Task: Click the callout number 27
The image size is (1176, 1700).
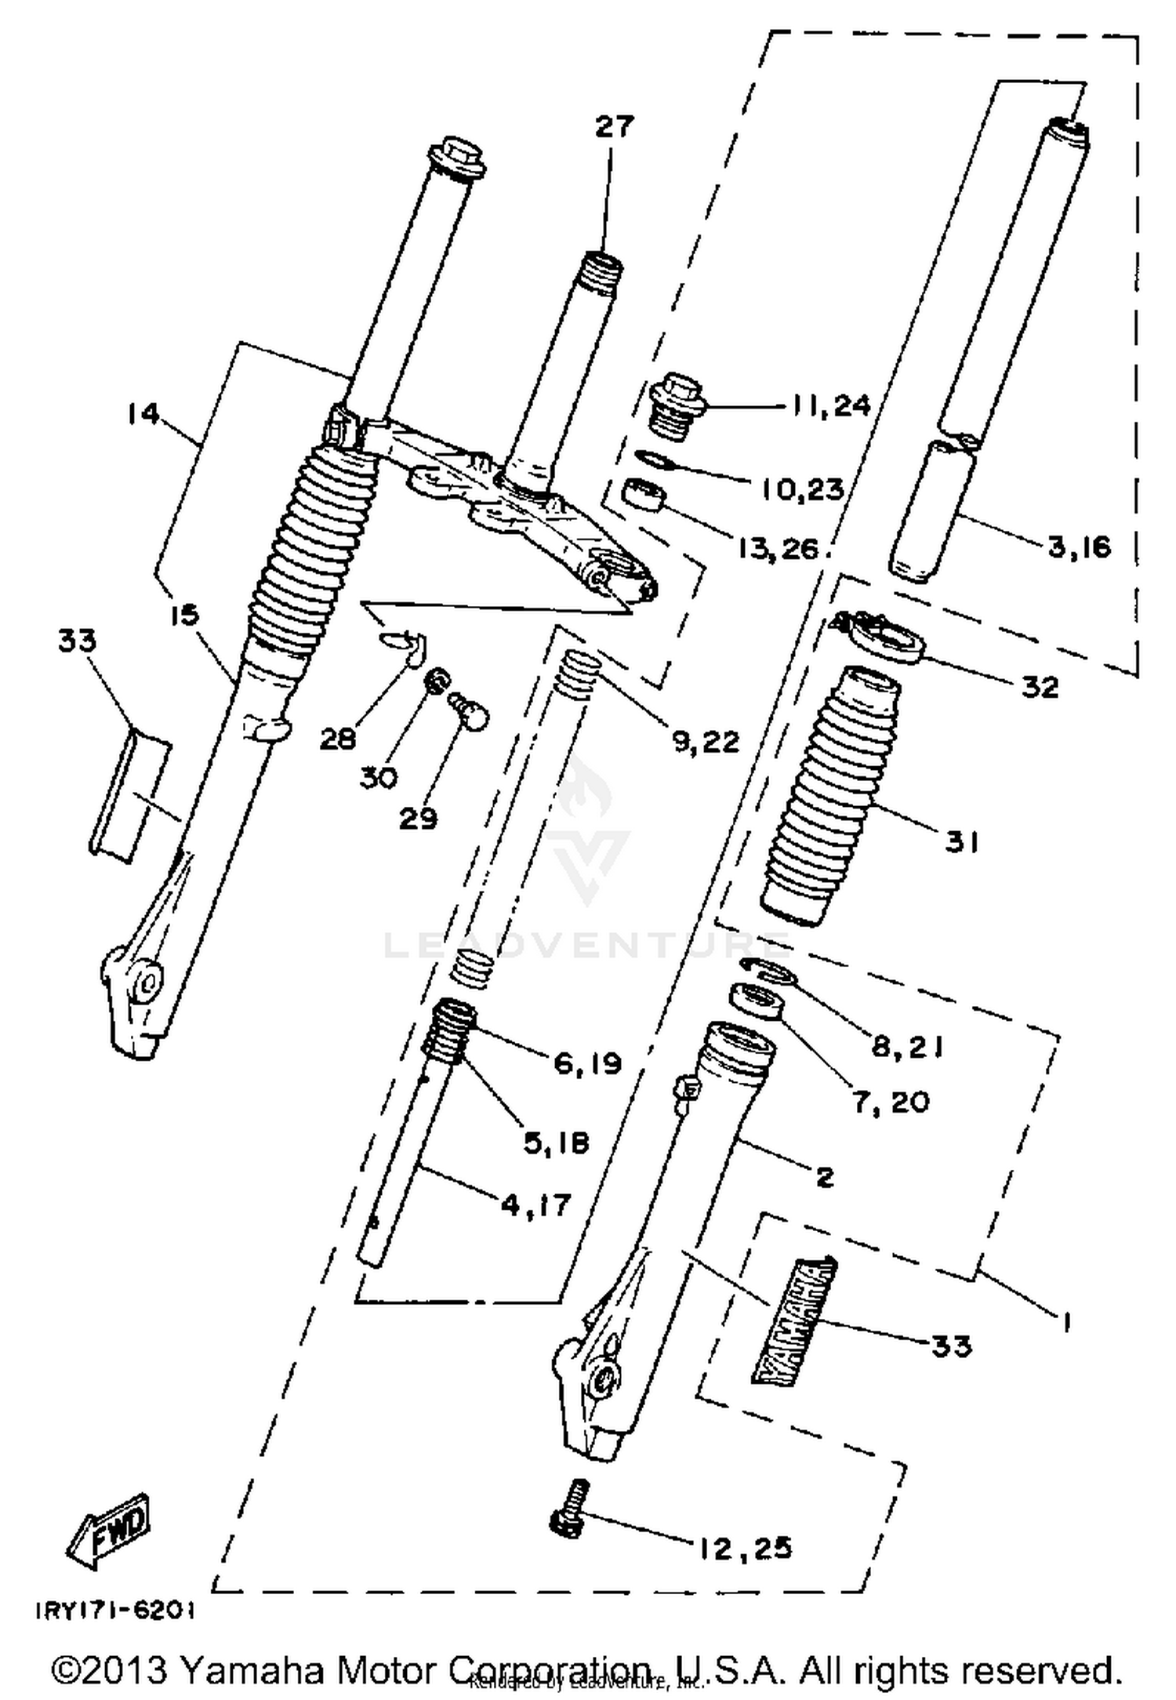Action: pyautogui.click(x=614, y=126)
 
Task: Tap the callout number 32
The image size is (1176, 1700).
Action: pyautogui.click(x=1040, y=687)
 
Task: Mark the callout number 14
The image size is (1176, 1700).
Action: pyautogui.click(x=143, y=413)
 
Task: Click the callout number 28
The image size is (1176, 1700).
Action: pyautogui.click(x=338, y=738)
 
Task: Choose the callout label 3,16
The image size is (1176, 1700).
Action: pyautogui.click(x=1080, y=546)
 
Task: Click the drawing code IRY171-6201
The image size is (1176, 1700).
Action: pyautogui.click(x=115, y=1611)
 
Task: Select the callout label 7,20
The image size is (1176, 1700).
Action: pyautogui.click(x=891, y=1102)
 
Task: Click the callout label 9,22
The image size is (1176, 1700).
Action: pyautogui.click(x=706, y=740)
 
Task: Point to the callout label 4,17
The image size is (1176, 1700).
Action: pyautogui.click(x=536, y=1203)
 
